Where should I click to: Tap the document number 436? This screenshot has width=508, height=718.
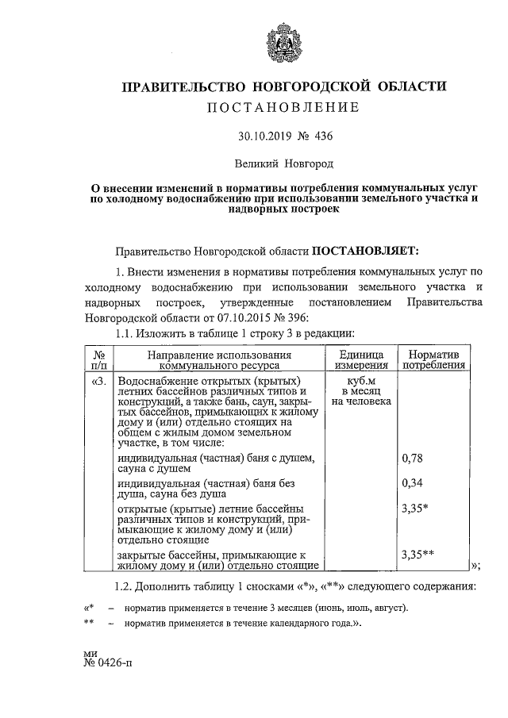(x=324, y=136)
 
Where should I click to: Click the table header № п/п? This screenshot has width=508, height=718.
(x=98, y=359)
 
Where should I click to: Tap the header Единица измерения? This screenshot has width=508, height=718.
(x=360, y=359)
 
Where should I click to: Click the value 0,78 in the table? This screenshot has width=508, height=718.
(x=412, y=459)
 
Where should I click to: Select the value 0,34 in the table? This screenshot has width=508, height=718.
(x=412, y=482)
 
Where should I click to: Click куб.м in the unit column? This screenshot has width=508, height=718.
(x=361, y=382)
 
